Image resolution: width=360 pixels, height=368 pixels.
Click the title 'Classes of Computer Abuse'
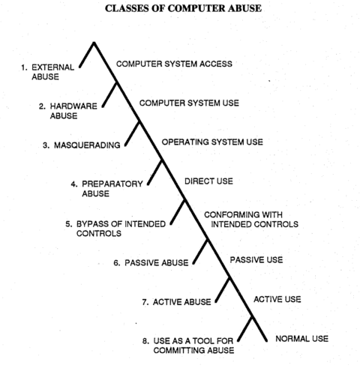pyautogui.click(x=183, y=8)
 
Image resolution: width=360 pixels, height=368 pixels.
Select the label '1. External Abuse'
pyautogui.click(x=48, y=72)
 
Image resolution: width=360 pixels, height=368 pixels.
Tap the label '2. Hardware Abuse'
pyautogui.click(x=68, y=111)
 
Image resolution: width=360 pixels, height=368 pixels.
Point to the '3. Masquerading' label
pyautogui.click(x=82, y=145)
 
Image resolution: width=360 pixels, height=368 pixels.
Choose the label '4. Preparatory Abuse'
pyautogui.click(x=107, y=189)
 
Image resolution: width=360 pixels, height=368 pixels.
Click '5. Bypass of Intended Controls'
pyautogui.click(x=115, y=229)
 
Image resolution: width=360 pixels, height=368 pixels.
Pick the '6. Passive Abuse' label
pyautogui.click(x=151, y=263)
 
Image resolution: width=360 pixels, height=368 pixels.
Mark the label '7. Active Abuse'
pyautogui.click(x=176, y=302)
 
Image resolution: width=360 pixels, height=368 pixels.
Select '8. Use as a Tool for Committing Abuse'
pyautogui.click(x=188, y=346)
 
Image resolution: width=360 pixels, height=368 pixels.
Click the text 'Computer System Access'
pyautogui.click(x=174, y=64)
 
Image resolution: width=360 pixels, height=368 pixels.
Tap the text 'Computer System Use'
pyautogui.click(x=189, y=103)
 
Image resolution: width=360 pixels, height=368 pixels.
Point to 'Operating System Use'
pyautogui.click(x=212, y=142)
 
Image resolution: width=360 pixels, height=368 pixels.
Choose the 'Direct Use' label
pyautogui.click(x=208, y=181)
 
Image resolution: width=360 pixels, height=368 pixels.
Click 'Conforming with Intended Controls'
pyautogui.click(x=251, y=220)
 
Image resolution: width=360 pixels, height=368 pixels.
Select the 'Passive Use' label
pyautogui.click(x=256, y=260)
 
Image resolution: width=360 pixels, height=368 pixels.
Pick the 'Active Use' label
pyautogui.click(x=277, y=299)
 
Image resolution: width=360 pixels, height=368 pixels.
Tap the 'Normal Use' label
pyautogui.click(x=302, y=339)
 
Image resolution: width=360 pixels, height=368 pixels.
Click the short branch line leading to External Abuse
pyautogui.click(x=87, y=55)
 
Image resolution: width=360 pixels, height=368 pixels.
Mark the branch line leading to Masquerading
pyautogui.click(x=132, y=133)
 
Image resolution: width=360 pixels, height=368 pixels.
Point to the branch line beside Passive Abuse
pyautogui.click(x=200, y=251)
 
